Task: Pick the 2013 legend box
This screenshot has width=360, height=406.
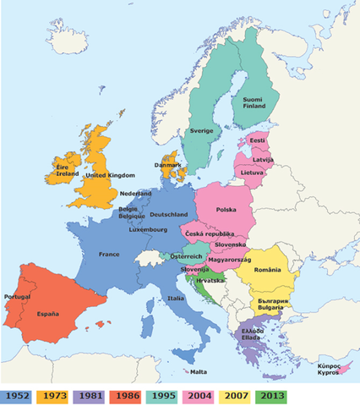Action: point(271,395)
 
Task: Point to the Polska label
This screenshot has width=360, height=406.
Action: point(226,209)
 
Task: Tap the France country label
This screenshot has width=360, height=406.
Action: point(109,254)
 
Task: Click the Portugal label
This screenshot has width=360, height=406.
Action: point(17,297)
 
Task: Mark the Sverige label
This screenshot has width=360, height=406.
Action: point(201,131)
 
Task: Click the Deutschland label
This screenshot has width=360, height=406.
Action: point(167,215)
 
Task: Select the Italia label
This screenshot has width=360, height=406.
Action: point(177,298)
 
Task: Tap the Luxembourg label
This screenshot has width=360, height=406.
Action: point(148,229)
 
